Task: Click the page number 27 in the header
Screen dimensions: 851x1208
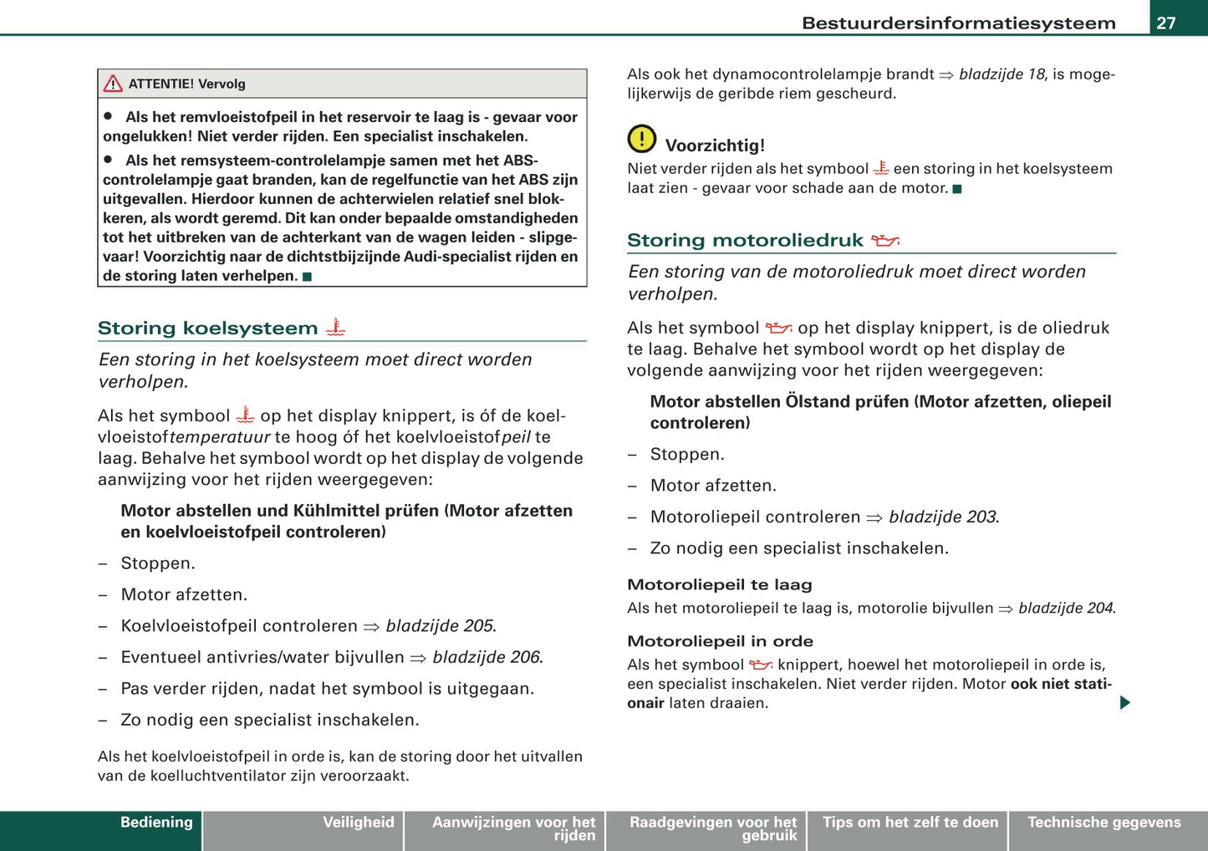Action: click(1166, 23)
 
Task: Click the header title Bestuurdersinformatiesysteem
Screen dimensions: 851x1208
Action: click(958, 23)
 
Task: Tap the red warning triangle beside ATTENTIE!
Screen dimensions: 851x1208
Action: click(113, 84)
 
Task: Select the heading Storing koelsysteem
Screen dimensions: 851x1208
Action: click(207, 329)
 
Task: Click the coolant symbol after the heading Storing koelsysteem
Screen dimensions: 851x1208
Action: click(335, 328)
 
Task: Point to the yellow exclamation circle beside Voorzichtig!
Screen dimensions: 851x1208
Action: click(641, 139)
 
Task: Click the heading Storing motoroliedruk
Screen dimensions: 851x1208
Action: click(745, 241)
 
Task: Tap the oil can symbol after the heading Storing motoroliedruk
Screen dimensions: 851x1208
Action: click(884, 241)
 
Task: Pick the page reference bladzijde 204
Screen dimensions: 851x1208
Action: click(1067, 609)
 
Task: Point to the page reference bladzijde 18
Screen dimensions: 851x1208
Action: click(1002, 74)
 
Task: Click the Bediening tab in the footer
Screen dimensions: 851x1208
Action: click(156, 823)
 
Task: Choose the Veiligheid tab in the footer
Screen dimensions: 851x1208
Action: click(358, 823)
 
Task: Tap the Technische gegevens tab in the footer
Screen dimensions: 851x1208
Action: click(1104, 823)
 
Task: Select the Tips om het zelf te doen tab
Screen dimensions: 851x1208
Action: click(910, 823)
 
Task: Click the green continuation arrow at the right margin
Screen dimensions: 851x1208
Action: click(1124, 702)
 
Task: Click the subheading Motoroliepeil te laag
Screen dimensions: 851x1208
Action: click(719, 585)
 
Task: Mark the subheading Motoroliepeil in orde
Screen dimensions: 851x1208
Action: click(720, 641)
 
